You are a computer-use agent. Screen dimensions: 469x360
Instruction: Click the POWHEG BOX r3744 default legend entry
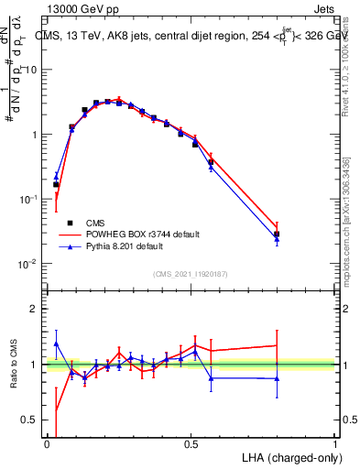pyautogui.click(x=133, y=234)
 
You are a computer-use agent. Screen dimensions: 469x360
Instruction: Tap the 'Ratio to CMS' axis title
pyautogui.click(x=12, y=365)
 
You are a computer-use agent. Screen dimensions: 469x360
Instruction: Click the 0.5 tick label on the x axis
pyautogui.click(x=191, y=444)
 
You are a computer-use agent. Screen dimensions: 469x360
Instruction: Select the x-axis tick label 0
pyautogui.click(x=47, y=444)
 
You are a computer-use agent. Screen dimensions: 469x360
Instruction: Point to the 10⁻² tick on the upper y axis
pyautogui.click(x=27, y=264)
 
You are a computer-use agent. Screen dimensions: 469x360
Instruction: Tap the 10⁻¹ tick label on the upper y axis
pyautogui.click(x=27, y=199)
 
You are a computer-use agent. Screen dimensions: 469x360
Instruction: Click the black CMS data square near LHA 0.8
pyautogui.click(x=277, y=234)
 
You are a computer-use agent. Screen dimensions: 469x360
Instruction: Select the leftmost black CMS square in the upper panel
pyautogui.click(x=56, y=184)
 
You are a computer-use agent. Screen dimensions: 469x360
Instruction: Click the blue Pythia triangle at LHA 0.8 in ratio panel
pyautogui.click(x=277, y=378)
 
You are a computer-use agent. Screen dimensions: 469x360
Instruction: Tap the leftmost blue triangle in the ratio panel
pyautogui.click(x=56, y=344)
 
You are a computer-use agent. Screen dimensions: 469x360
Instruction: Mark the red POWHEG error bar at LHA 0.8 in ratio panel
pyautogui.click(x=277, y=345)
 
